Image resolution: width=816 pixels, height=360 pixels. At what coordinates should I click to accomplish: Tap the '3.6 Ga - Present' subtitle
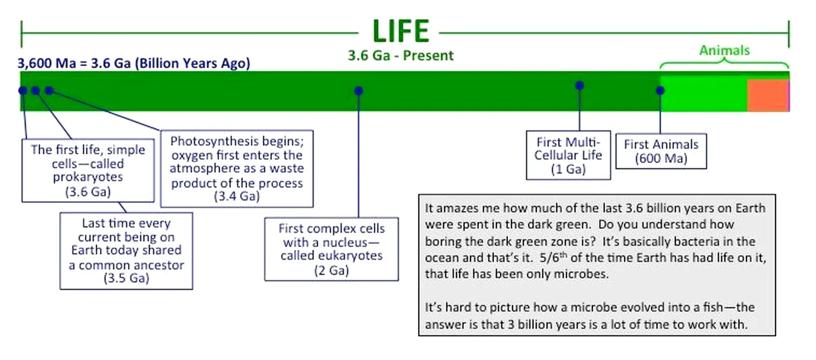click(401, 56)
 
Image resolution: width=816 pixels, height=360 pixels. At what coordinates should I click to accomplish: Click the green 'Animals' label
click(724, 50)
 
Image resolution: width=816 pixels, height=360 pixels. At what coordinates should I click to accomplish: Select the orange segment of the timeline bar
click(767, 96)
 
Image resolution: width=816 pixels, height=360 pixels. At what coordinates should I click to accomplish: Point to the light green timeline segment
click(703, 95)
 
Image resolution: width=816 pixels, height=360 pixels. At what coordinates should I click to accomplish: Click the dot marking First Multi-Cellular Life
click(579, 85)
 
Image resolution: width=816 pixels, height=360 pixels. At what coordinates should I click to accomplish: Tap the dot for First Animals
click(660, 91)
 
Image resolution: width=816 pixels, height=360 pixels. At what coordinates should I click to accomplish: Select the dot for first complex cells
click(358, 91)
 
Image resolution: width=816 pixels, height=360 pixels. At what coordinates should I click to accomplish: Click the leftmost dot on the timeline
click(23, 91)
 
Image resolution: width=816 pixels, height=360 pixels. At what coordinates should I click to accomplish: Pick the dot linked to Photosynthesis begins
click(49, 91)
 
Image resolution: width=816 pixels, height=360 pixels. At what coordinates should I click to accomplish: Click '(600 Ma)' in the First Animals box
click(661, 158)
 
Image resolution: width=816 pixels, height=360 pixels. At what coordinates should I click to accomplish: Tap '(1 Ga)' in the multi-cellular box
click(568, 169)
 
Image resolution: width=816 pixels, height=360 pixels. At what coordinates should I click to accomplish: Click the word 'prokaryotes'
click(88, 177)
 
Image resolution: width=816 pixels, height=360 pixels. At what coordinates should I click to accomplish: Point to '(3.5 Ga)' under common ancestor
click(126, 278)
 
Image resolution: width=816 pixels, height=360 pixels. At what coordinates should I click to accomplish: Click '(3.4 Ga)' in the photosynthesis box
click(237, 196)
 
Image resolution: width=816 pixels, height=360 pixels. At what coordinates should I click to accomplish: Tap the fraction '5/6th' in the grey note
click(553, 257)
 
